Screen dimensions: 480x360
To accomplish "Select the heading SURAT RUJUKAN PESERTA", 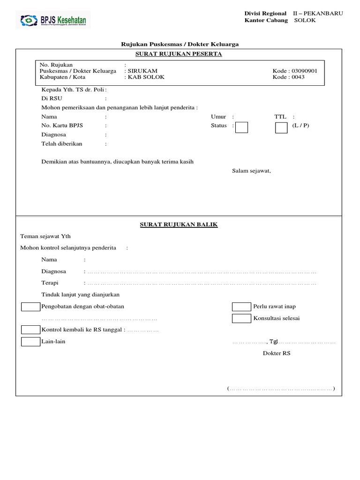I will coord(179,54).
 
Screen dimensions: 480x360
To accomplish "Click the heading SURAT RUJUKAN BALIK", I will coord(179,225).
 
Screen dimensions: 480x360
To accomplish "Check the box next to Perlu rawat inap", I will coord(242,307).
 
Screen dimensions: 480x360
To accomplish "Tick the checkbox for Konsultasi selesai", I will coord(242,319).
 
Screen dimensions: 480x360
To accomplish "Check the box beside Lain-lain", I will coord(31,342).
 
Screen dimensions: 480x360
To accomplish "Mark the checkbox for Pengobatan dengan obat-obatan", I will coord(31,307).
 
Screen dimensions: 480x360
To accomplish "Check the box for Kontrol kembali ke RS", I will coord(31,330).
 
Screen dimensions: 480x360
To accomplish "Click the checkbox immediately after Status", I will coord(241,127).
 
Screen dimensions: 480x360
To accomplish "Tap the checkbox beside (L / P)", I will coord(281,127).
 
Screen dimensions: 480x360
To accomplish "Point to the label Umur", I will coord(218,117).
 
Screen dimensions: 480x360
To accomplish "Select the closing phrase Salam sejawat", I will coord(252,171).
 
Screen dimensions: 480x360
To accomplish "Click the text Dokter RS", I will coord(277,353).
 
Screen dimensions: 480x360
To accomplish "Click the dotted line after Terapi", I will coord(202,284).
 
